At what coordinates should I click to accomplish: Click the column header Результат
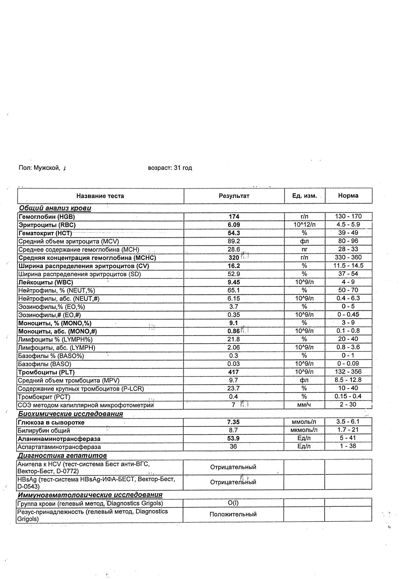click(234, 196)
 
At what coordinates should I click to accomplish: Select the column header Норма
click(348, 196)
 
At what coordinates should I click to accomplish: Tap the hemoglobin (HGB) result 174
click(234, 216)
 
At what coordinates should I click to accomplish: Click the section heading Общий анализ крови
click(55, 208)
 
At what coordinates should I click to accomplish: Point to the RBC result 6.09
click(234, 225)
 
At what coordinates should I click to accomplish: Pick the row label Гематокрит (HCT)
click(45, 233)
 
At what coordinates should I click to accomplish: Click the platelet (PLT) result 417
click(234, 372)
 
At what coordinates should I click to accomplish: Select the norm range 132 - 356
click(348, 371)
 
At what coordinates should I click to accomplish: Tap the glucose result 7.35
click(234, 422)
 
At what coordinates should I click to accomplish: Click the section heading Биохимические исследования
click(70, 414)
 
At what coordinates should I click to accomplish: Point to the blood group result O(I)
click(233, 503)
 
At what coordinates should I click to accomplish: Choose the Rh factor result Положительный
click(233, 514)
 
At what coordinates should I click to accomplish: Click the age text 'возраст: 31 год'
click(170, 168)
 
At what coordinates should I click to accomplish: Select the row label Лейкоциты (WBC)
click(46, 282)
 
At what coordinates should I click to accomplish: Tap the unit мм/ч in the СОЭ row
click(304, 405)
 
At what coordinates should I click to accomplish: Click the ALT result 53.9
click(234, 438)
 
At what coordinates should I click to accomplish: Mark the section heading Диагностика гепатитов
click(62, 456)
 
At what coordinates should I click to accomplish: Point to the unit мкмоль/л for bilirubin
click(304, 430)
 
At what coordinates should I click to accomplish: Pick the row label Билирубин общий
click(44, 430)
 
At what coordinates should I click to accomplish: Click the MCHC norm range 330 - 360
click(348, 257)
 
